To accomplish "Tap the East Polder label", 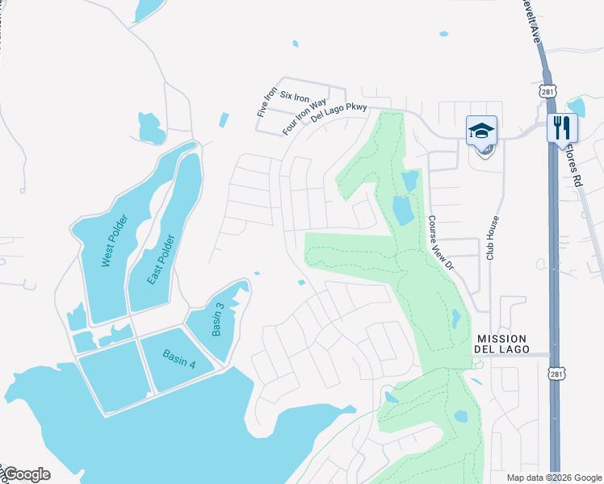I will point(161,259).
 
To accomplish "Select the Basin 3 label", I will point(218,320).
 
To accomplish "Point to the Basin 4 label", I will point(178,358).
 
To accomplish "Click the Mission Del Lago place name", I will point(502,344).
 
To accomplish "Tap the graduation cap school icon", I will point(481,130).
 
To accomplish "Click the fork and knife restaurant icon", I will point(562,128).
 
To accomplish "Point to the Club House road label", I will point(492,238).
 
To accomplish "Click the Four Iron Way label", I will point(304,116).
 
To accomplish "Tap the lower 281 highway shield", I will point(556,373).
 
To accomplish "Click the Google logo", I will point(26,474).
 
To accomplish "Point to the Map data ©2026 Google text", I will point(553,478).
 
